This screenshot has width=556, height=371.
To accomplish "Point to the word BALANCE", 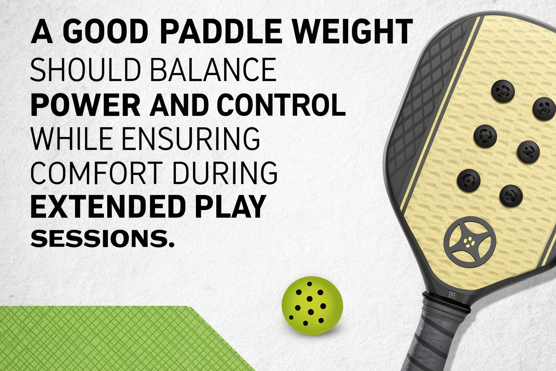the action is (x=213, y=69).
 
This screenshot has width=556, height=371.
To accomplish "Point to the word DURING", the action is (x=225, y=172).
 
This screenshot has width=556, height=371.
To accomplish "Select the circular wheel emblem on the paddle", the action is (x=470, y=242).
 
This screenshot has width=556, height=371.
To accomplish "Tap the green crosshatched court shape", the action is (x=119, y=338).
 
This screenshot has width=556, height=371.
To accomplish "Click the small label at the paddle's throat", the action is (x=451, y=294).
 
